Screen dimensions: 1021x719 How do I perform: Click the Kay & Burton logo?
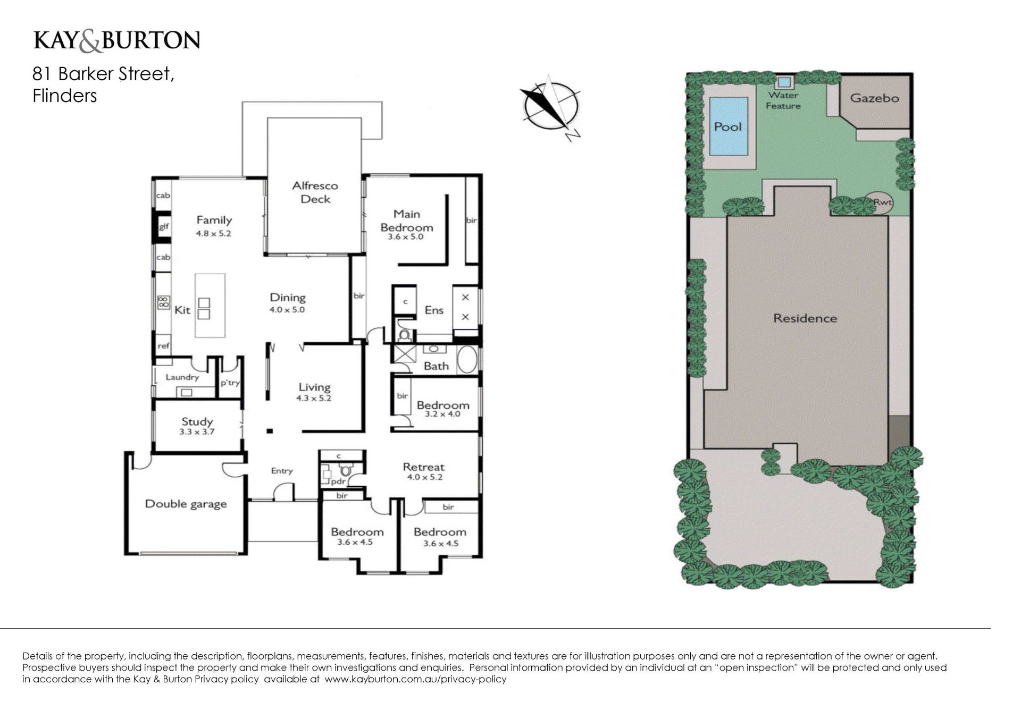pos(116,41)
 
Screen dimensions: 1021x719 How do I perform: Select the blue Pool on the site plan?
pos(728,126)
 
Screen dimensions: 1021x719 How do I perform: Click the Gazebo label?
pos(874,98)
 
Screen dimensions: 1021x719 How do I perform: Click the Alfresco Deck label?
pos(315,192)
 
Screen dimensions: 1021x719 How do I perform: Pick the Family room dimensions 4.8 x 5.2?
pos(213,233)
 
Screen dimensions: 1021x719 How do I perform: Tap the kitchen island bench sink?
pos(204,309)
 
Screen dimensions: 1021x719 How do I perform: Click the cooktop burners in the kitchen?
pos(163,302)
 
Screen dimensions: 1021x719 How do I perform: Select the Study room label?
pos(197,422)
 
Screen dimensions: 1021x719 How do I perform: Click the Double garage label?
pos(186,504)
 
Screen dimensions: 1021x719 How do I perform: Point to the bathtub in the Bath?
pos(467,360)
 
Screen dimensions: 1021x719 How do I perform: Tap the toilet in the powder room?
pos(346,470)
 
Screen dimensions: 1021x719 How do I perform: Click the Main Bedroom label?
pos(407,221)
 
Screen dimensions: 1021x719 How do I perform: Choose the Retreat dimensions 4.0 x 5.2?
pos(424,477)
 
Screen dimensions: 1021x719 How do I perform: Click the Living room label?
pos(314,387)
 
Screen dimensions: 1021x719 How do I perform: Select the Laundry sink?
pos(186,392)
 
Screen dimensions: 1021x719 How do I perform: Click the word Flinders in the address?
pos(65,96)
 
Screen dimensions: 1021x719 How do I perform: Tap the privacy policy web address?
pos(415,679)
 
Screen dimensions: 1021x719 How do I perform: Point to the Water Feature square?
pos(783,82)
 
